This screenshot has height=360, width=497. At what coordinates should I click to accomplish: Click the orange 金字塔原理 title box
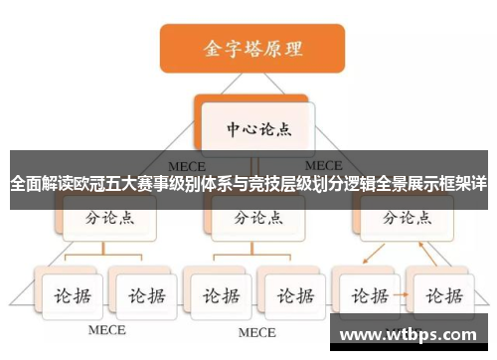[x=252, y=47]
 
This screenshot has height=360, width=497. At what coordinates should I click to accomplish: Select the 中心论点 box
[x=254, y=129]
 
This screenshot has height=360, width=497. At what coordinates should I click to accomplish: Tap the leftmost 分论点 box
[x=107, y=218]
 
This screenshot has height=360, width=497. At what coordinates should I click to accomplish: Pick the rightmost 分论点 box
[x=401, y=218]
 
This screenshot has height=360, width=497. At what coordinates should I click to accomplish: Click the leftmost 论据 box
[x=73, y=294]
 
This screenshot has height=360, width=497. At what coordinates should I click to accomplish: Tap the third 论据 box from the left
[x=218, y=294]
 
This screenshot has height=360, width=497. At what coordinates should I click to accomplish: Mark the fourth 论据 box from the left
[x=292, y=294]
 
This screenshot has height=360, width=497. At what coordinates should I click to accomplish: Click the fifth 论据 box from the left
[x=365, y=294]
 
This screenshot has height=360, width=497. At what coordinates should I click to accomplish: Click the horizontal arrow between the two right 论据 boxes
[x=402, y=295]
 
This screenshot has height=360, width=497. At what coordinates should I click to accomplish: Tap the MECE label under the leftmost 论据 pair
[x=107, y=329]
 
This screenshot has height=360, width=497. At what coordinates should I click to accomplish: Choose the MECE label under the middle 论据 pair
[x=255, y=330]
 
